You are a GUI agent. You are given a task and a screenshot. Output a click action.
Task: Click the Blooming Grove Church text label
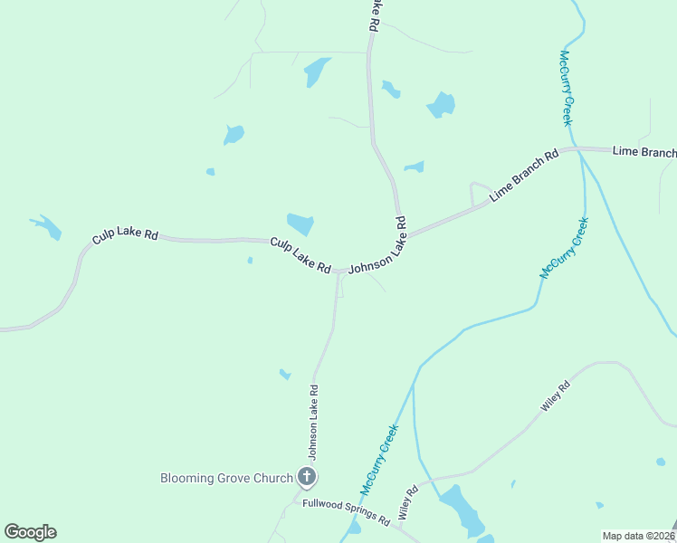[226, 478]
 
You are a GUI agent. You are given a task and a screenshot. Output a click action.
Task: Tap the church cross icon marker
[307, 477]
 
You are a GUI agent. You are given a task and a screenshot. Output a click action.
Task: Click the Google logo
[30, 531]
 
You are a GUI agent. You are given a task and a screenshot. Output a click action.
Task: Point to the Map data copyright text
[636, 536]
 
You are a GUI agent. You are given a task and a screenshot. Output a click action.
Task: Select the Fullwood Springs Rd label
[346, 513]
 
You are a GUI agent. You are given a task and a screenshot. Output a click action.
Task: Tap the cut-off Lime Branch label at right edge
[644, 151]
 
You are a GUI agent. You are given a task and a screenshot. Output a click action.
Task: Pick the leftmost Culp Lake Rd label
[125, 235]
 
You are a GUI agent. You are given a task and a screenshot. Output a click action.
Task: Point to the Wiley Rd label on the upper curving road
[556, 397]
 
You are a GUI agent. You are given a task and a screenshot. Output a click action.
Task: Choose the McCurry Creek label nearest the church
[379, 460]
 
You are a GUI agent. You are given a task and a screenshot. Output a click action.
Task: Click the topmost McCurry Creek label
[566, 88]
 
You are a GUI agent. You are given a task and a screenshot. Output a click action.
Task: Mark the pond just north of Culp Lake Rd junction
[300, 224]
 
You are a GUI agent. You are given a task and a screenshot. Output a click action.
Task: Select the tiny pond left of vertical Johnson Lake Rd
[284, 374]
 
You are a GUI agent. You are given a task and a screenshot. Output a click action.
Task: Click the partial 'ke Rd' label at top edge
[372, 16]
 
